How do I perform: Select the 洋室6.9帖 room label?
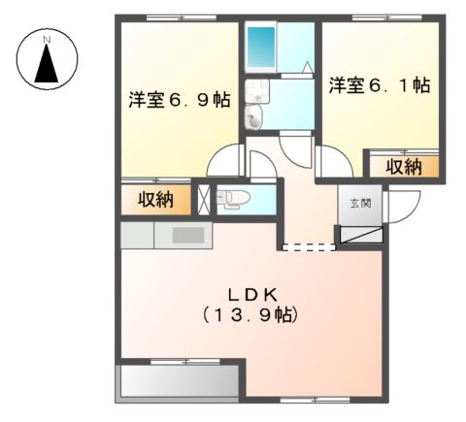coord(180,99)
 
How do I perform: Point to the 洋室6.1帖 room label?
coord(379,86)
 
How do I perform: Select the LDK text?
coord(254,292)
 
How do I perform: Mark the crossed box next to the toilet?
coord(203,198)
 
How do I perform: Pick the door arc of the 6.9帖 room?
coord(227,159)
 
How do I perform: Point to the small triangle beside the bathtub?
coord(306,68)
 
